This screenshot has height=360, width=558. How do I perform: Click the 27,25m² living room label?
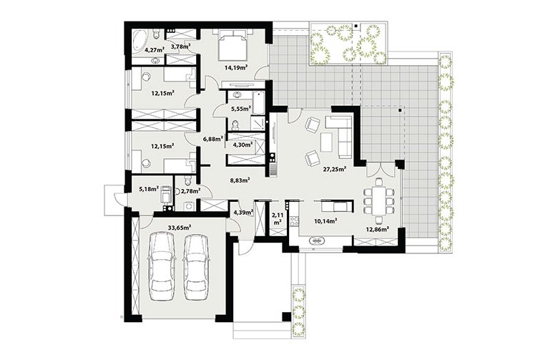coord(335,170)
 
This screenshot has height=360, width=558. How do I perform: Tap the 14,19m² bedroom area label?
coord(235,67)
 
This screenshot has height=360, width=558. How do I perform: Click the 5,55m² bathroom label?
coord(240,109)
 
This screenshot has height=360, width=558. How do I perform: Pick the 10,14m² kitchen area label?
coord(325,221)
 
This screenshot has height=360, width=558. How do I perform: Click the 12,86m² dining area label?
coord(376,230)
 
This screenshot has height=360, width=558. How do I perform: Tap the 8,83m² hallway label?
coord(240,180)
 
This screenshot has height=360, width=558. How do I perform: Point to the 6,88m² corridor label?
coord(212,139)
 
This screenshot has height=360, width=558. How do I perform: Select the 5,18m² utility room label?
coord(148,189)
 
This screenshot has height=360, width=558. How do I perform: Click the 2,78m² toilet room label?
coord(190,191)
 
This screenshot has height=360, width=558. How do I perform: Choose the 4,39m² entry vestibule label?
coord(243,213)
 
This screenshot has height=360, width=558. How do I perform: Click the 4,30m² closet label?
coord(243,145)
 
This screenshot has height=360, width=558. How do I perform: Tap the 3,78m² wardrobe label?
coord(180,47)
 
